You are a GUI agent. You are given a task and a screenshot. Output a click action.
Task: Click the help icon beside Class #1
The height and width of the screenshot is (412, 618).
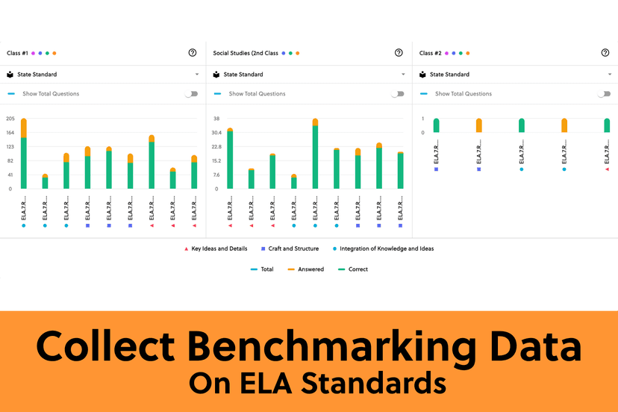193,53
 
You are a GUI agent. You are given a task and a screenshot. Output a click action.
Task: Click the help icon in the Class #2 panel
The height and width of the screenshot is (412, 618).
605,53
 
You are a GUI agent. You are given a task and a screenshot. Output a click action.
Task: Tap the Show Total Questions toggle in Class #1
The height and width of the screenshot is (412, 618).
193,94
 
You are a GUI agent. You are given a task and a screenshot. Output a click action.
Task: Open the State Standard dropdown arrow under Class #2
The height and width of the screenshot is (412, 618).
610,75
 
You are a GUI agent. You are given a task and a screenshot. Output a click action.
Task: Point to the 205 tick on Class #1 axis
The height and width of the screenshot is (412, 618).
10,119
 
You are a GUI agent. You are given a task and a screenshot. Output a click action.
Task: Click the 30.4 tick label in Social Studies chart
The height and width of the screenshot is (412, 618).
216,133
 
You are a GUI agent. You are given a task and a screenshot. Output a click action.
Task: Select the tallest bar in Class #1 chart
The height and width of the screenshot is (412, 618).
24,153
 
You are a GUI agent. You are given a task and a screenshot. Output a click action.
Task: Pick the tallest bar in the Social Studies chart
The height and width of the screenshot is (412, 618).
315,153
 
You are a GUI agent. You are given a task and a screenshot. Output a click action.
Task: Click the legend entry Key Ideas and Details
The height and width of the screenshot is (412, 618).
217,249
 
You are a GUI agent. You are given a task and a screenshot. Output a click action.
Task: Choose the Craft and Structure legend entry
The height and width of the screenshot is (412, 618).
293,249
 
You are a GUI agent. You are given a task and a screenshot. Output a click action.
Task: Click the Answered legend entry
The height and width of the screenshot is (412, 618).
310,269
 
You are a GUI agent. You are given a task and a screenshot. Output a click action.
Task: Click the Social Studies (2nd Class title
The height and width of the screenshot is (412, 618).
246,53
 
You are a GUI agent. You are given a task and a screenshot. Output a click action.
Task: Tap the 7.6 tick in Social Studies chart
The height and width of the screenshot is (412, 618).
216,175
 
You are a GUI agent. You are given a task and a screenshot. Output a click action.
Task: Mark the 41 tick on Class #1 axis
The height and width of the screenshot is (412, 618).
10,175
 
